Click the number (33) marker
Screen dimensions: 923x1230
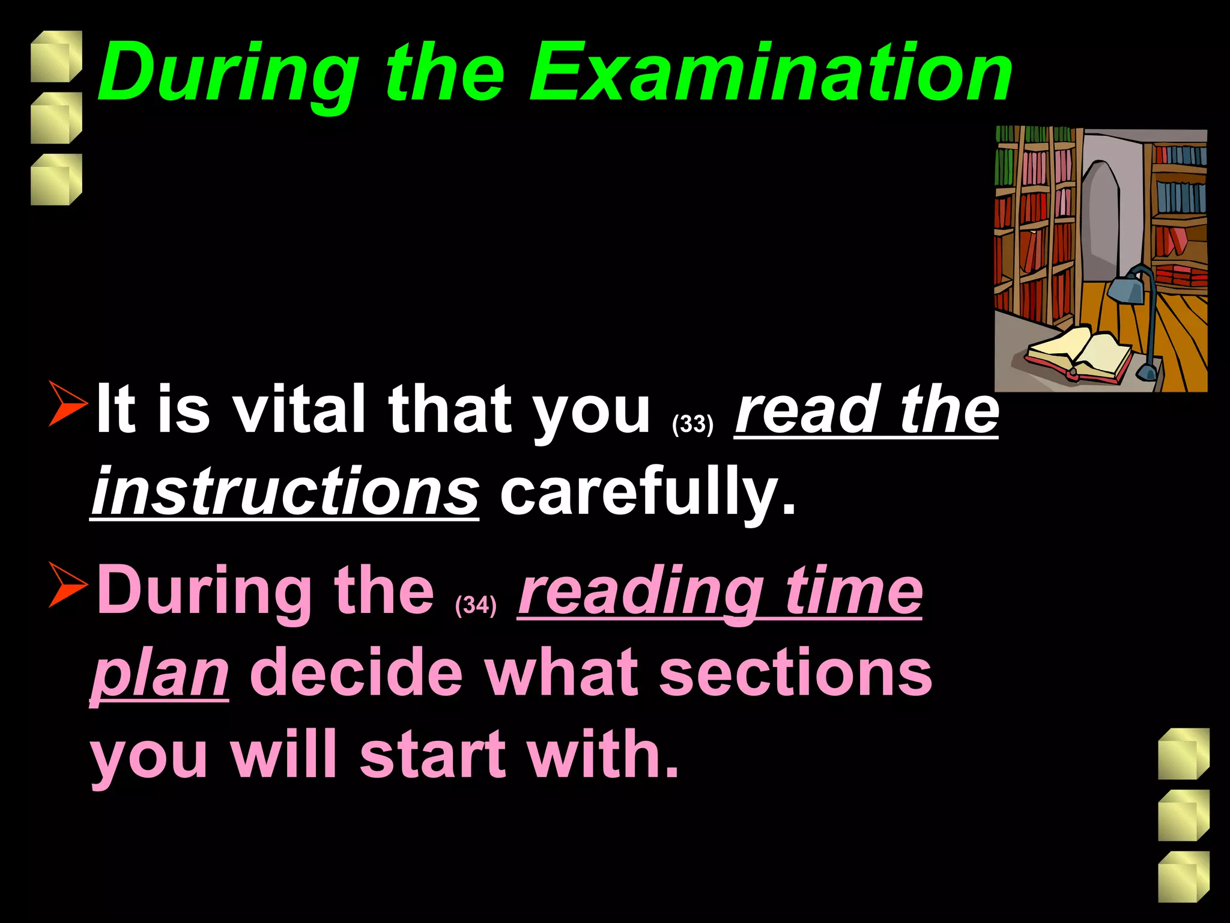pos(692,424)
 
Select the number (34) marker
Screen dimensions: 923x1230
pos(476,605)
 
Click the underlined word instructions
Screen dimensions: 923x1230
pos(285,492)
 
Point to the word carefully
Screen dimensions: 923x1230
pos(647,492)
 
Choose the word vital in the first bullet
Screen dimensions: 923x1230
pos(299,410)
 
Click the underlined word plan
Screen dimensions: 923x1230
pos(160,675)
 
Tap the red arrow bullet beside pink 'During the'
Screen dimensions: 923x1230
pos(67,584)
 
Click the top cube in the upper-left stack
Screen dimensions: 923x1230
pos(56,56)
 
